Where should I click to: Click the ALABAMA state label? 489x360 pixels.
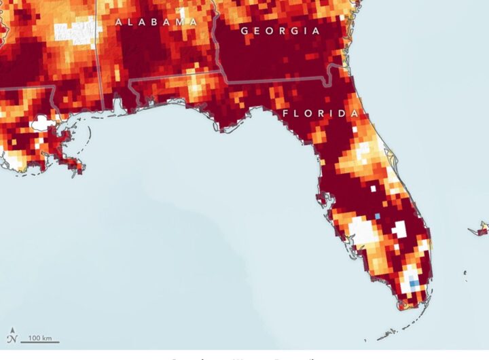point(156,22)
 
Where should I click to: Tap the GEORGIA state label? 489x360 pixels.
point(280,31)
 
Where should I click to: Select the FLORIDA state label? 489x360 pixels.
point(321,113)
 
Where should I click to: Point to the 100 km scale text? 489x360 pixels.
point(39,338)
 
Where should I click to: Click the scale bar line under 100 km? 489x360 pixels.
point(39,342)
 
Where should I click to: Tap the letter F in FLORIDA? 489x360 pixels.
point(286,113)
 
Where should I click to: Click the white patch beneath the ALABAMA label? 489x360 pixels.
point(75,31)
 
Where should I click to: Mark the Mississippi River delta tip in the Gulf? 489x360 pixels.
point(79,168)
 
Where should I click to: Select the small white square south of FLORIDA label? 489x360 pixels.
point(353,126)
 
